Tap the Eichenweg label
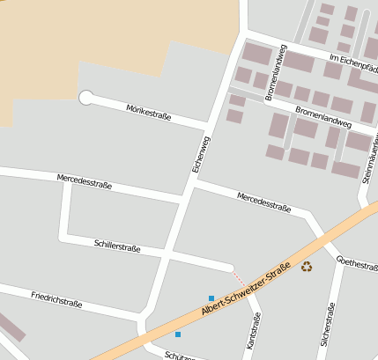pos(201,153)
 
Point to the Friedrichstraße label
pos(56,298)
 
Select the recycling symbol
pos(307,266)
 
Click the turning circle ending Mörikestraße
pos(86,98)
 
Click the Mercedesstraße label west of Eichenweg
pos(85,180)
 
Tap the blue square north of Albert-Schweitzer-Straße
pos(211,298)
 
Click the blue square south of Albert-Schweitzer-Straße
pos(178,334)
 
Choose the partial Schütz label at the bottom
pos(180,355)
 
